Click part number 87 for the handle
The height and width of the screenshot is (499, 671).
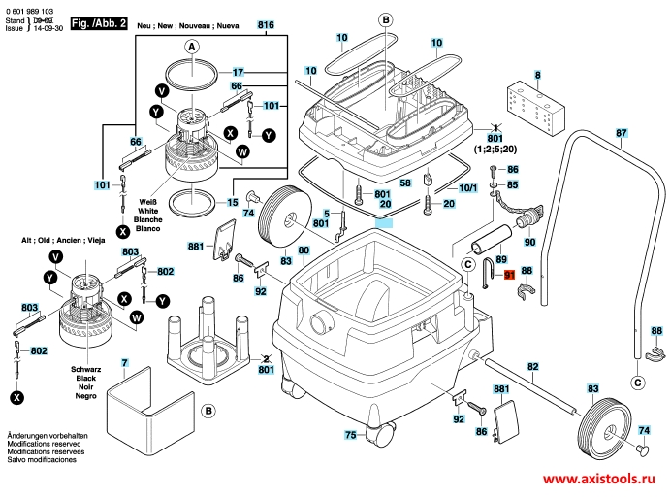click(x=622, y=133)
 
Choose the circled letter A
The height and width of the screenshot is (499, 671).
click(x=191, y=47)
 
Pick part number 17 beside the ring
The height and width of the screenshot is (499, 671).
click(x=240, y=73)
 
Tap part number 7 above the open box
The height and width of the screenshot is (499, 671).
click(x=124, y=363)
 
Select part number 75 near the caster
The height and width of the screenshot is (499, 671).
click(x=350, y=434)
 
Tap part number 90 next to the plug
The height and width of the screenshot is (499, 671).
click(x=529, y=241)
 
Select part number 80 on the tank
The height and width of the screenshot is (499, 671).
click(x=304, y=250)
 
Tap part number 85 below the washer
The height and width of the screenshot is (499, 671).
click(x=513, y=184)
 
